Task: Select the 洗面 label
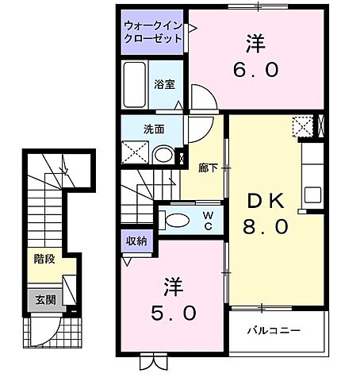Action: (154, 128)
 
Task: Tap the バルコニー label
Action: (272, 329)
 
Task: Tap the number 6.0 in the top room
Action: (255, 69)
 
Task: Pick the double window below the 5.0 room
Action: (151, 362)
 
